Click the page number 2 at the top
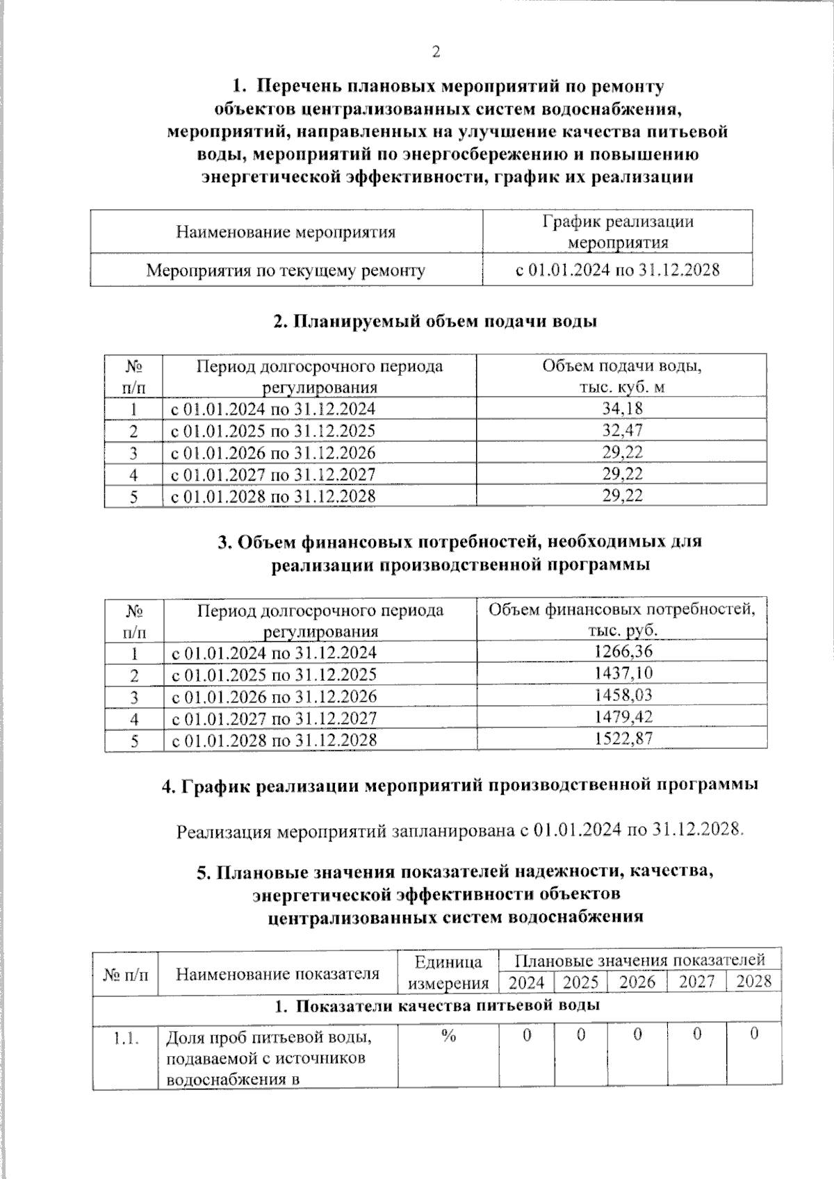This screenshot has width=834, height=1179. point(436,52)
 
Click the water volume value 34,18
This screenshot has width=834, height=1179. point(622,409)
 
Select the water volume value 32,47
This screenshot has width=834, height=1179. point(622,430)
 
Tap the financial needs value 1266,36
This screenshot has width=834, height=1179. point(623,652)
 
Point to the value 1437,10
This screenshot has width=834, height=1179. point(623,673)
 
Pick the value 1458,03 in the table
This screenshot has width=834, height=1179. point(623,695)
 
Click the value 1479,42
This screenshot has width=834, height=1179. point(623,717)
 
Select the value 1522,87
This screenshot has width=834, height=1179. point(623,739)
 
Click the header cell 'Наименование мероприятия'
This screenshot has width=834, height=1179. point(286,232)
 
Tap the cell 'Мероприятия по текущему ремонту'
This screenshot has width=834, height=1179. point(286,270)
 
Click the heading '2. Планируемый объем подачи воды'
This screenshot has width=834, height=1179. point(435,322)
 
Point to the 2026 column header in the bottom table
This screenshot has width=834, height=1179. point(637,982)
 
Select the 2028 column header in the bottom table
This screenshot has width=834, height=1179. point(753,982)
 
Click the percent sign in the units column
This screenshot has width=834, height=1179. point(448,1036)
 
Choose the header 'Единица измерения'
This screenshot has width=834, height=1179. point(448,972)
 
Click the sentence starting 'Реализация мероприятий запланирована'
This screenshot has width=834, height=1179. point(459,831)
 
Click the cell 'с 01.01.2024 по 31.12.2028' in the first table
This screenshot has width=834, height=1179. point(617,270)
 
